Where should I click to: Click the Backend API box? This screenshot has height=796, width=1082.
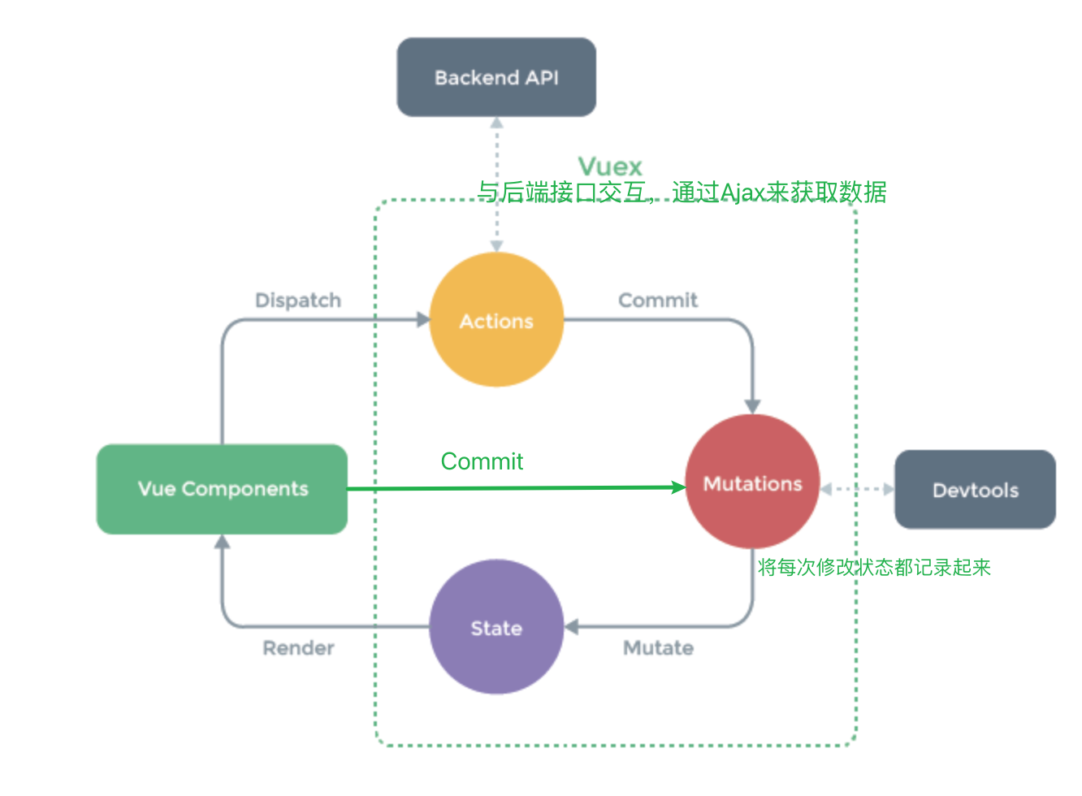(496, 77)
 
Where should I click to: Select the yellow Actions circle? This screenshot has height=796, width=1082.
(496, 320)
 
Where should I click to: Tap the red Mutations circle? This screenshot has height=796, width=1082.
(752, 482)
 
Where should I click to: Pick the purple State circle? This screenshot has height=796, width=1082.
(496, 627)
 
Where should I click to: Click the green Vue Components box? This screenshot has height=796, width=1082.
(222, 489)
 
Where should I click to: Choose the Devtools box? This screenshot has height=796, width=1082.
(975, 490)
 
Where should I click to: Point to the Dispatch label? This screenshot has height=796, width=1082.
(298, 301)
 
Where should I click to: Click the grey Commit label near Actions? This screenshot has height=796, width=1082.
(658, 301)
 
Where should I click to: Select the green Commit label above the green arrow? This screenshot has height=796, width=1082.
(482, 461)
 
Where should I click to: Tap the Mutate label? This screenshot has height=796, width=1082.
(658, 648)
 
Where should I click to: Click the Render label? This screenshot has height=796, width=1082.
(298, 648)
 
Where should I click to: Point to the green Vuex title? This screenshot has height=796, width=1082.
(610, 167)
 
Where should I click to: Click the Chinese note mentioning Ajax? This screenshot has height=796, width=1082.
(681, 193)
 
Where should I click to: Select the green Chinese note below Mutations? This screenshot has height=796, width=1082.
(874, 567)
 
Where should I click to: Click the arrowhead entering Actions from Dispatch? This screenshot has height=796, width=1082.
(423, 320)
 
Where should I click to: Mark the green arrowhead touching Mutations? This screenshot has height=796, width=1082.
(679, 487)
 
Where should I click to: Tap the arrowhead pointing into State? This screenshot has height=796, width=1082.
(571, 627)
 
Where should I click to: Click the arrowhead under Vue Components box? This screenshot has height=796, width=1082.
(222, 542)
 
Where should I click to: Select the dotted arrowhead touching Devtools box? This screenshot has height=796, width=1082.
(889, 489)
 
